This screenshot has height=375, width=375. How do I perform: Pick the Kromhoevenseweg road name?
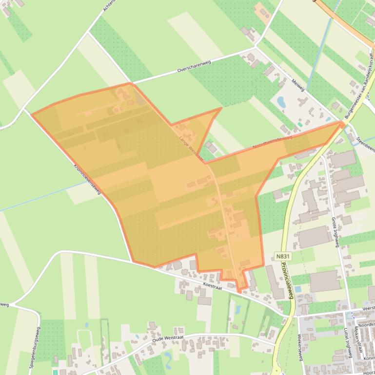[x=87, y=178]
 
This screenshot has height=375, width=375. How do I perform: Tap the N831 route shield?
[x=281, y=256]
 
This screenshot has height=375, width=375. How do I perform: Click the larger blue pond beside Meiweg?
[x=281, y=102]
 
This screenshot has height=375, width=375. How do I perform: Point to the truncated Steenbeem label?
[x=365, y=145]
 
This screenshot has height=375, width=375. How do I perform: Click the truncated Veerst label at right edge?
[x=369, y=308]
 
